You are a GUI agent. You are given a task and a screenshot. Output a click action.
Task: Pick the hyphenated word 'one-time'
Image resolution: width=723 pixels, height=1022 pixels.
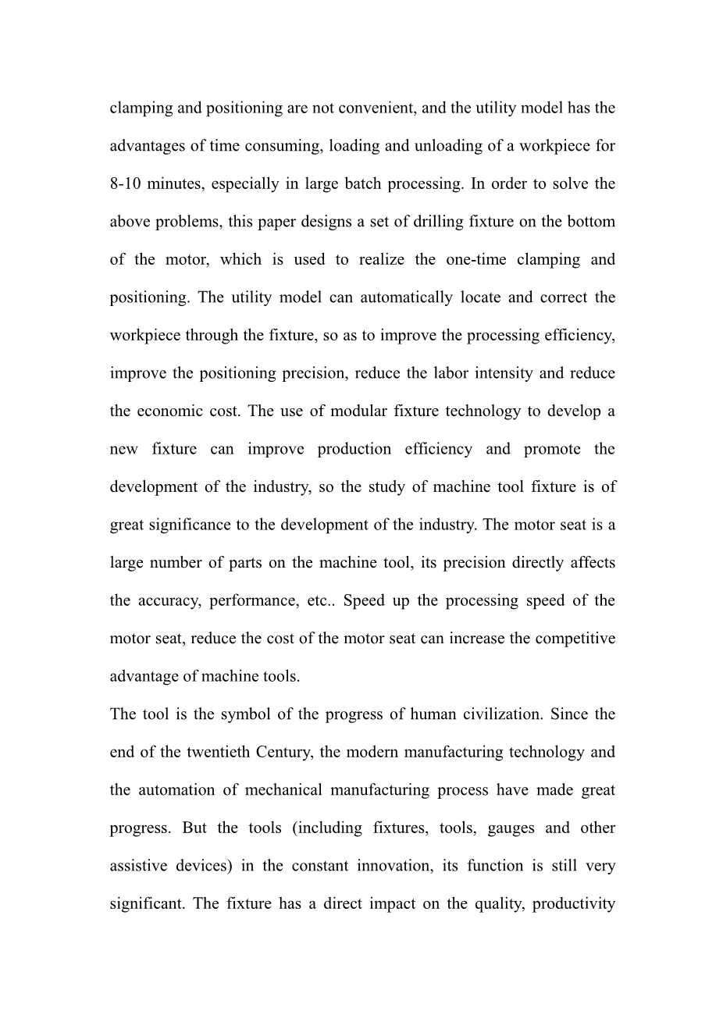coord(475,259)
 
